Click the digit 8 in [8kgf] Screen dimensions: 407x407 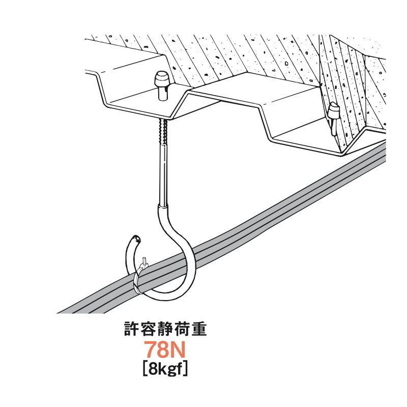click(151, 368)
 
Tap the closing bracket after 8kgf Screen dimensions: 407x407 click(187, 369)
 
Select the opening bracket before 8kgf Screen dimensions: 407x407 click(143, 369)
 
